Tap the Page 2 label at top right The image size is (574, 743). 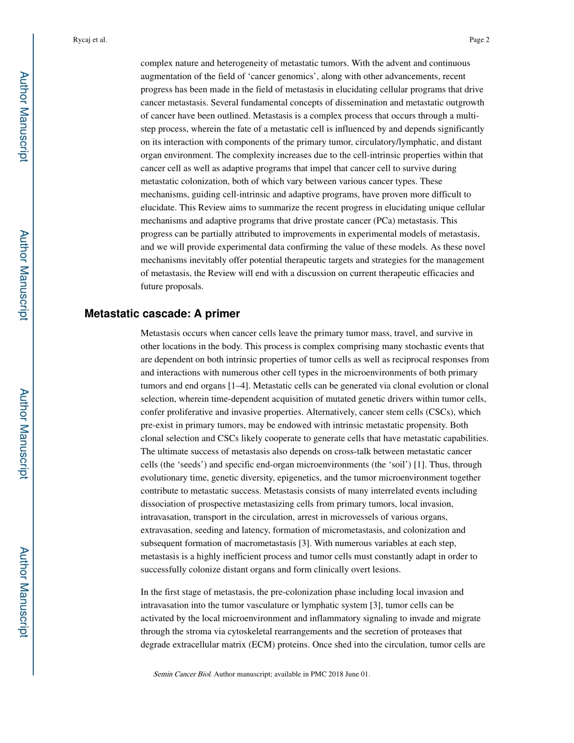[x=479, y=40]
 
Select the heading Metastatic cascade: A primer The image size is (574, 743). [x=162, y=314]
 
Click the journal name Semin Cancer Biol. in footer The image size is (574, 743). [x=182, y=674]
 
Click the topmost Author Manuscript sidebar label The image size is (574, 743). [x=23, y=117]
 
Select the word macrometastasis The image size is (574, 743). [x=261, y=543]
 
